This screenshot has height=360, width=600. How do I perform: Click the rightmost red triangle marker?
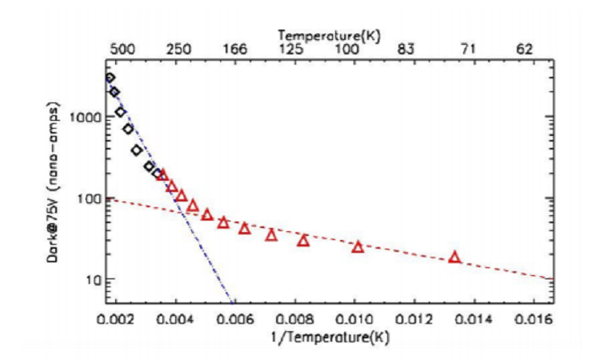pyautogui.click(x=454, y=257)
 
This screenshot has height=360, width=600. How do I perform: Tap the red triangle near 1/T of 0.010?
pyautogui.click(x=358, y=246)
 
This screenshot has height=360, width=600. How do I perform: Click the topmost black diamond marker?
pyautogui.click(x=110, y=78)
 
